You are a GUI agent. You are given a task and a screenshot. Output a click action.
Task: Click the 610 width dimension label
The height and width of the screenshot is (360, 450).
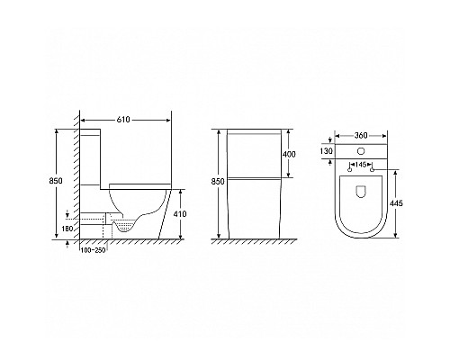pos(123,120)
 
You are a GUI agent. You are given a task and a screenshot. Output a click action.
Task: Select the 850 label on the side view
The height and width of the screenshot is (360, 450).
pos(56,181)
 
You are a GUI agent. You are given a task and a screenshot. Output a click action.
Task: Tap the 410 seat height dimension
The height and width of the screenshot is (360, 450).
pos(180,214)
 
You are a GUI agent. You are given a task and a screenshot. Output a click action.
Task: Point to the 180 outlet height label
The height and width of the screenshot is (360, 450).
pos(67,229)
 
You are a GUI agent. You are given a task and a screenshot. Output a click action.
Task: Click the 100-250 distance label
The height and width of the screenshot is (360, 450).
pos(94,250)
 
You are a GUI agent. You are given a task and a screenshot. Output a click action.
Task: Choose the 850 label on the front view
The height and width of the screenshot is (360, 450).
pos(218,182)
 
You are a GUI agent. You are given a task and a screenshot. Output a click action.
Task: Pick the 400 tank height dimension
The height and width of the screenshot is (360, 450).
pos(289,154)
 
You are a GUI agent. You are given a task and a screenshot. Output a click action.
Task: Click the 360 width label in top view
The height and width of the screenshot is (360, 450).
pos(361,136)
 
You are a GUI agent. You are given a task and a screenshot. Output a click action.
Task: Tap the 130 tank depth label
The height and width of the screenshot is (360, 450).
pos(326,151)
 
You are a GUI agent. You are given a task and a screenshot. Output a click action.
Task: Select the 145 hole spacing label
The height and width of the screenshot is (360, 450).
pos(361,165)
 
